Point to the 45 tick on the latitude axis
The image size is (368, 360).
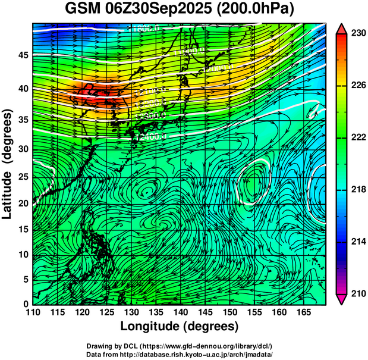click(23, 55)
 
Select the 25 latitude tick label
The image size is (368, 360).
click(23, 177)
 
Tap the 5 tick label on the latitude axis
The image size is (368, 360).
click(26, 279)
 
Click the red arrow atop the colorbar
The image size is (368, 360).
click(342, 29)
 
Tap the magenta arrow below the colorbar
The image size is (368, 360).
click(342, 299)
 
